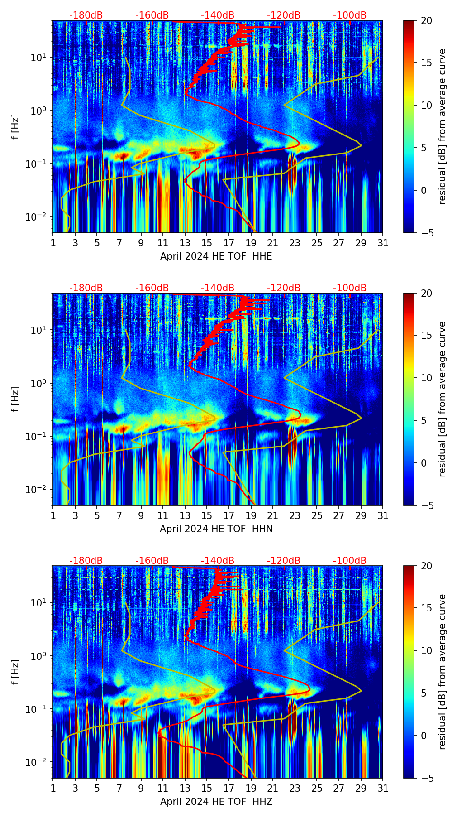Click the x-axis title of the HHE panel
(216, 256)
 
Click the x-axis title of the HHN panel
(216, 529)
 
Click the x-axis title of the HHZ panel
(216, 802)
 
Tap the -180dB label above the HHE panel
(86, 15)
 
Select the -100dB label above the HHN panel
(350, 288)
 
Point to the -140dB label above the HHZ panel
(218, 561)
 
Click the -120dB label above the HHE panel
(284, 15)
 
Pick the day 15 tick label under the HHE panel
(207, 243)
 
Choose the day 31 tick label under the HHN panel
(383, 516)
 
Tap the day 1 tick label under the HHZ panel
(53, 789)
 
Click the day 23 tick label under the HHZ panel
(295, 789)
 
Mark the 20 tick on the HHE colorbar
(426, 21)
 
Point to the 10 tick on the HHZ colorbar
(426, 650)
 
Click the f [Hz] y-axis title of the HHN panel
(16, 399)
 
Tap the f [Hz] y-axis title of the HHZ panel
(16, 672)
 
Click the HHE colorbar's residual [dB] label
(442, 126)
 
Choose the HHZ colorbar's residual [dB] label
(442, 672)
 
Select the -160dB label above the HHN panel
(152, 288)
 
